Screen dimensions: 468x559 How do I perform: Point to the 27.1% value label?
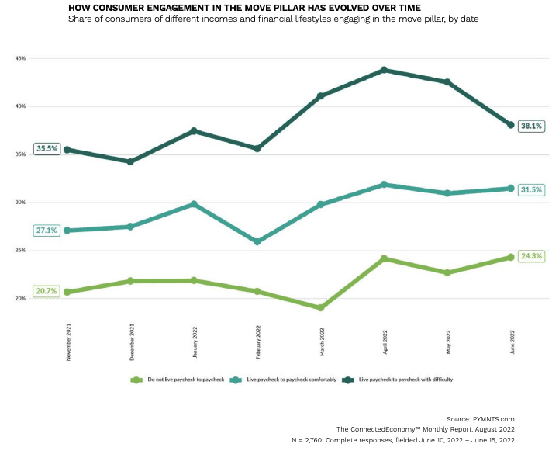tap(45, 231)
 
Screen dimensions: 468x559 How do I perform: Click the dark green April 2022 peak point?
tap(385, 70)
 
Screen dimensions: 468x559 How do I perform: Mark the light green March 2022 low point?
tap(321, 307)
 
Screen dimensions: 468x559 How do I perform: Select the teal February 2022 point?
tap(257, 241)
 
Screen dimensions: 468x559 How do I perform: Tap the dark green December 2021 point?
tap(130, 161)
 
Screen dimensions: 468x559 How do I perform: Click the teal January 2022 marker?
tap(194, 204)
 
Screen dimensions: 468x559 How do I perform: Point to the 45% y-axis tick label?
tap(21, 58)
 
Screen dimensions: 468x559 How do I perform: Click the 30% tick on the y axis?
tap(21, 203)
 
